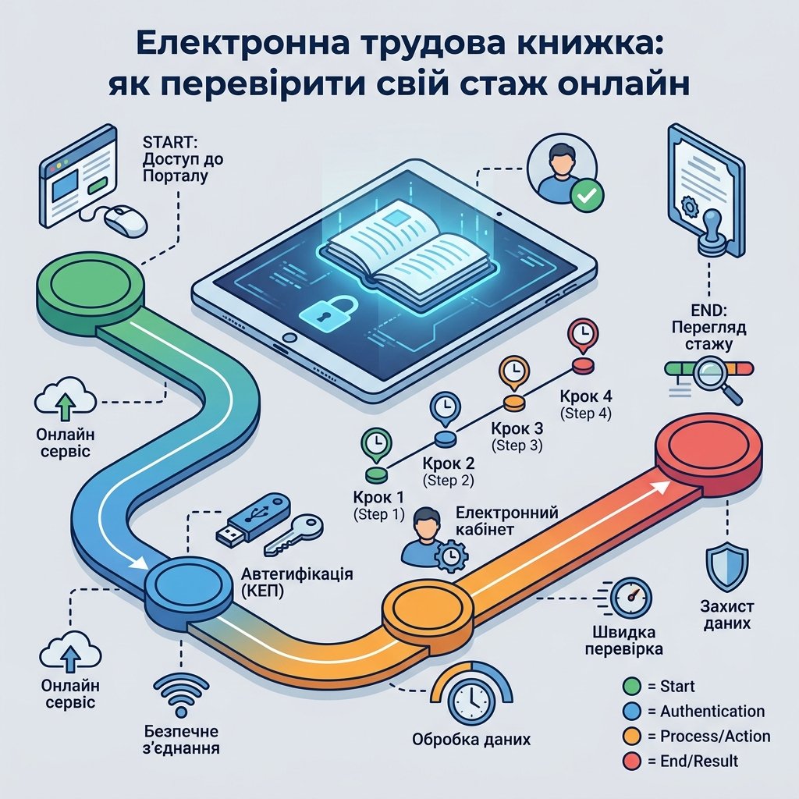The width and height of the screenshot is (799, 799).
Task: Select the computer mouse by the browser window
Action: click(x=126, y=221)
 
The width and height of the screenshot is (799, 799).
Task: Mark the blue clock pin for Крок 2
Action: click(x=445, y=409)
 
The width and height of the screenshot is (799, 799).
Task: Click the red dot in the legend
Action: click(x=631, y=762)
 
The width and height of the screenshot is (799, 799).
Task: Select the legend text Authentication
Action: click(x=712, y=711)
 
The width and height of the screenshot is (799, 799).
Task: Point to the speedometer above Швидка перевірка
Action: click(x=630, y=598)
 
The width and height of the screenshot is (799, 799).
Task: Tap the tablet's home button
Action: click(x=289, y=337)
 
